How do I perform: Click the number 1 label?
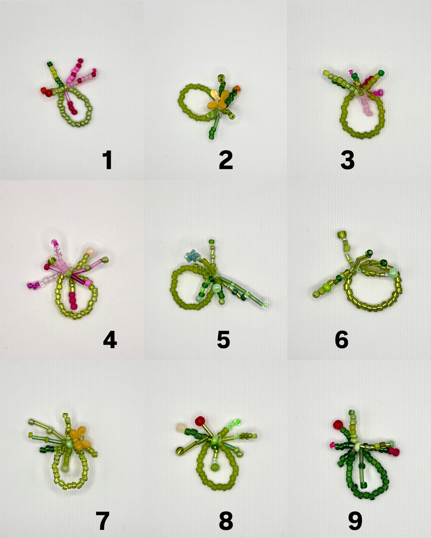pos(108,160)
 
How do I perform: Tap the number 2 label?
pos(226,160)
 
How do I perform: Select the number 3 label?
pos(347,160)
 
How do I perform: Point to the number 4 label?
pos(110,339)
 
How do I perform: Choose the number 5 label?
pos(223,340)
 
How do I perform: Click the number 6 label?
pos(341,340)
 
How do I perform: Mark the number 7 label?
pos(103,520)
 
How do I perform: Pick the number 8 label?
pos(226,520)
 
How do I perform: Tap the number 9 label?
pos(355,520)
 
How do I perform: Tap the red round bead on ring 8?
pos(200,421)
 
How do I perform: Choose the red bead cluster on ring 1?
pos(47,91)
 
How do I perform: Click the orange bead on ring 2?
pos(237,89)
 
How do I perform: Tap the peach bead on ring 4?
pos(89,250)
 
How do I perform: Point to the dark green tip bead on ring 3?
pos(381,73)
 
